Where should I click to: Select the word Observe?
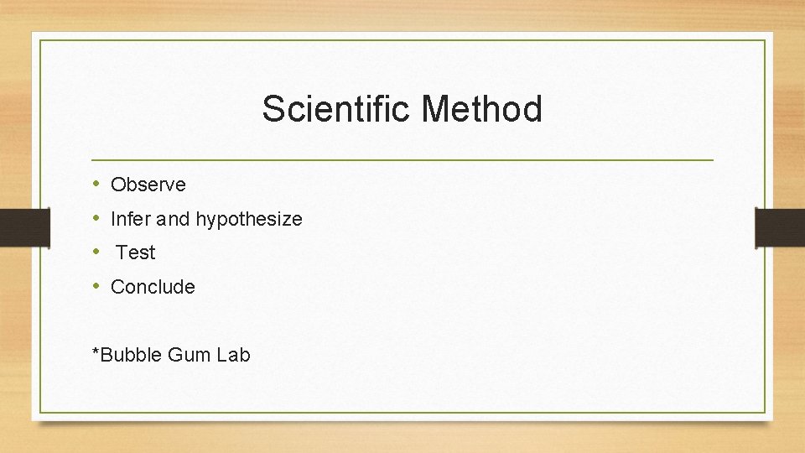coord(148,185)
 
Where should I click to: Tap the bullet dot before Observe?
coord(97,184)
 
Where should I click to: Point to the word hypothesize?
coord(249,220)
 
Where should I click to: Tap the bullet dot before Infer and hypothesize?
coord(97,218)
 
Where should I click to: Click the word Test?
coord(136,253)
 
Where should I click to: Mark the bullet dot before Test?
coord(97,252)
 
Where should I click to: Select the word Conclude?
coord(153,287)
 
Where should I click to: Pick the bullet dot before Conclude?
coord(97,286)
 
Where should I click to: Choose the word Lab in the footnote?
coord(233,355)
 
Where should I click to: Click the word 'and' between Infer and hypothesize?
coord(174,219)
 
